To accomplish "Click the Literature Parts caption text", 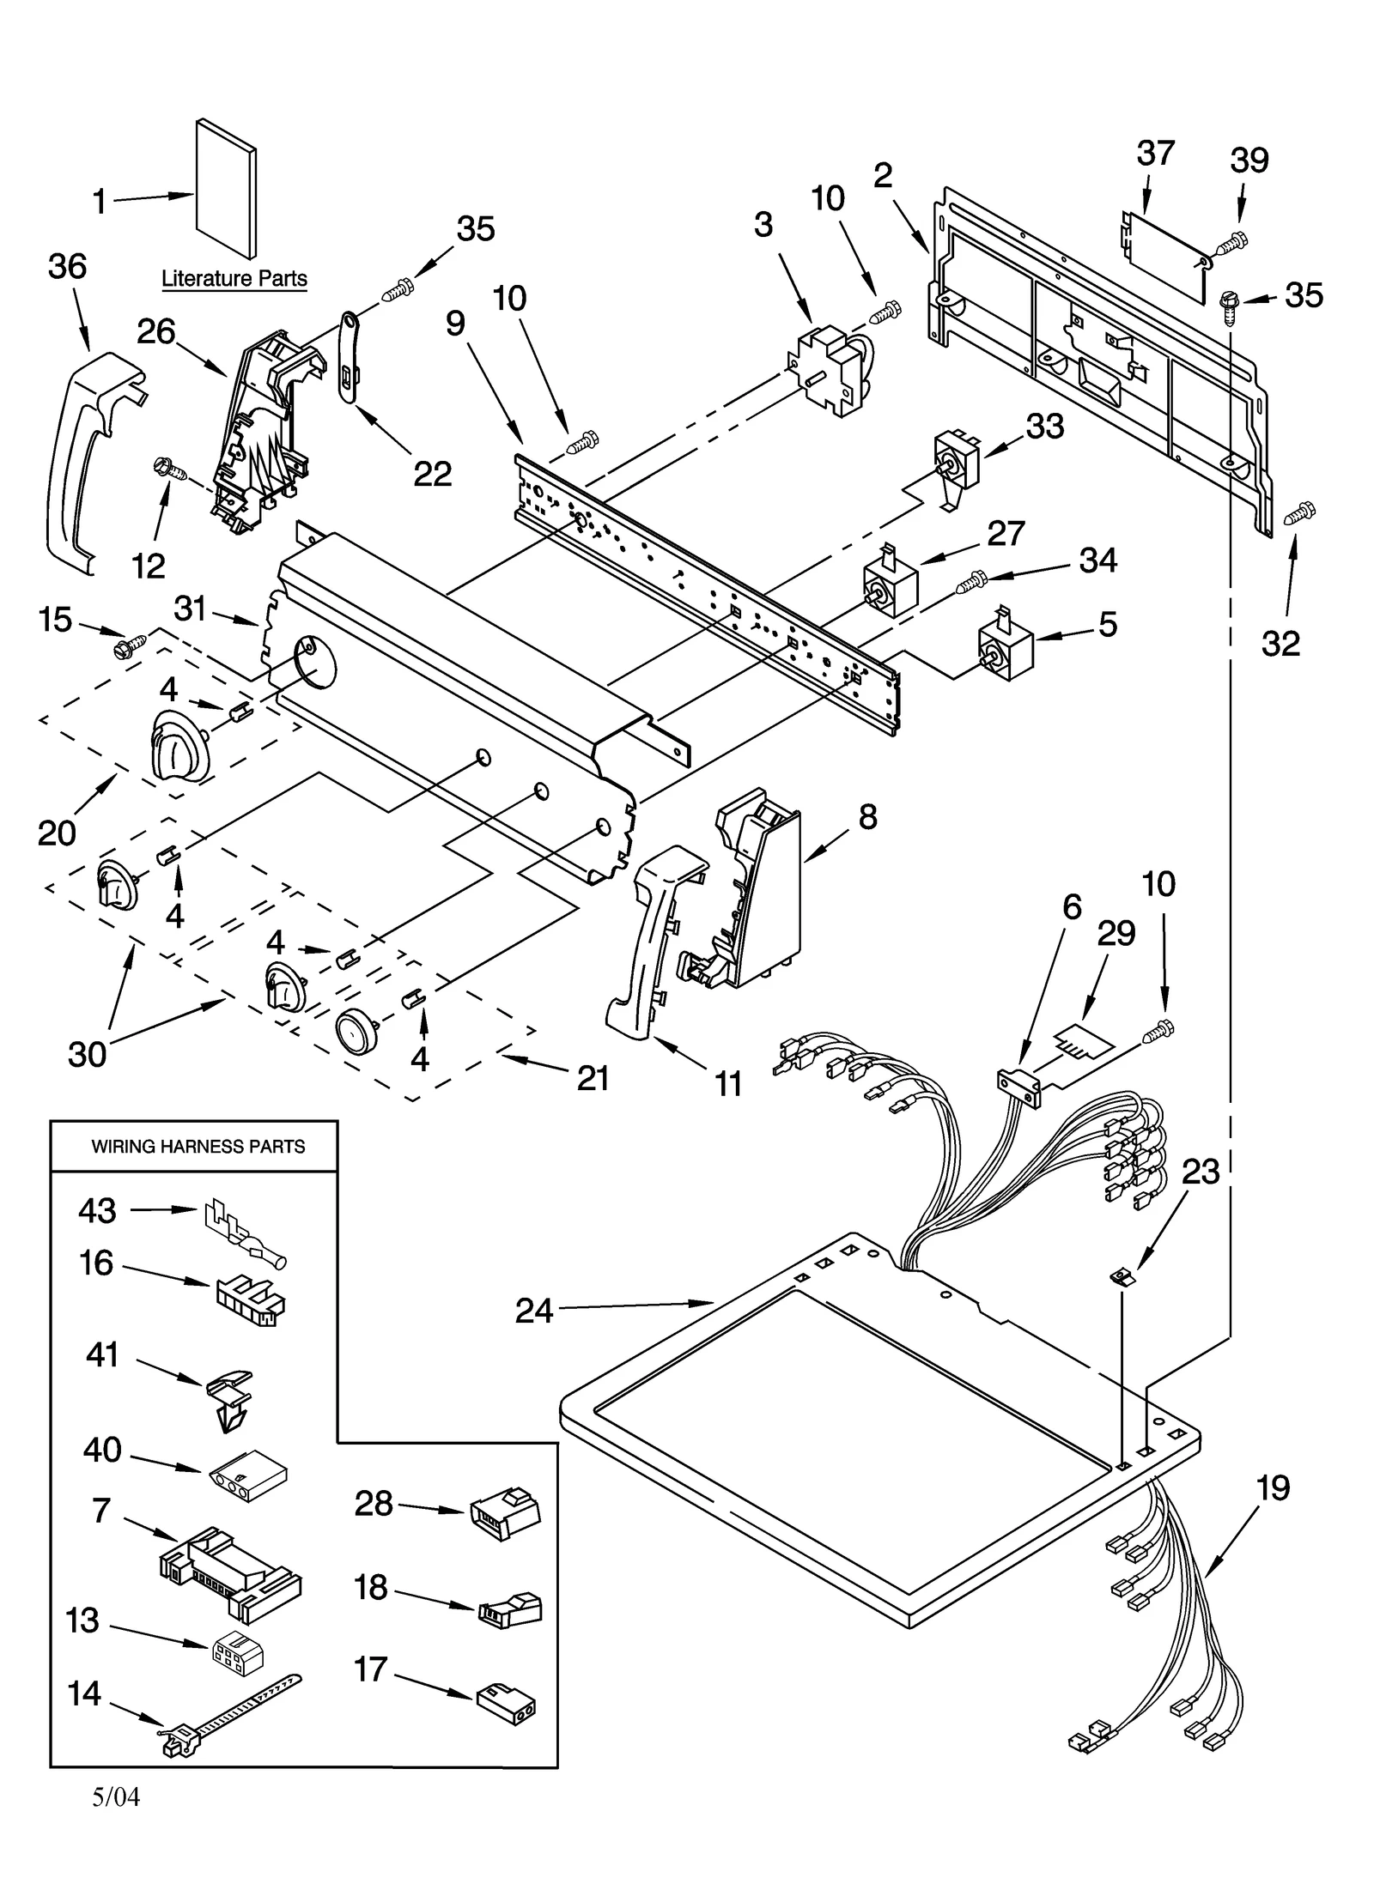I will click(x=234, y=279).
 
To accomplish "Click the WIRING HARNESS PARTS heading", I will click(x=198, y=1147).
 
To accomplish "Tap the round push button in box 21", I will click(x=359, y=1030).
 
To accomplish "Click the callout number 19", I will click(x=1272, y=1487).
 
